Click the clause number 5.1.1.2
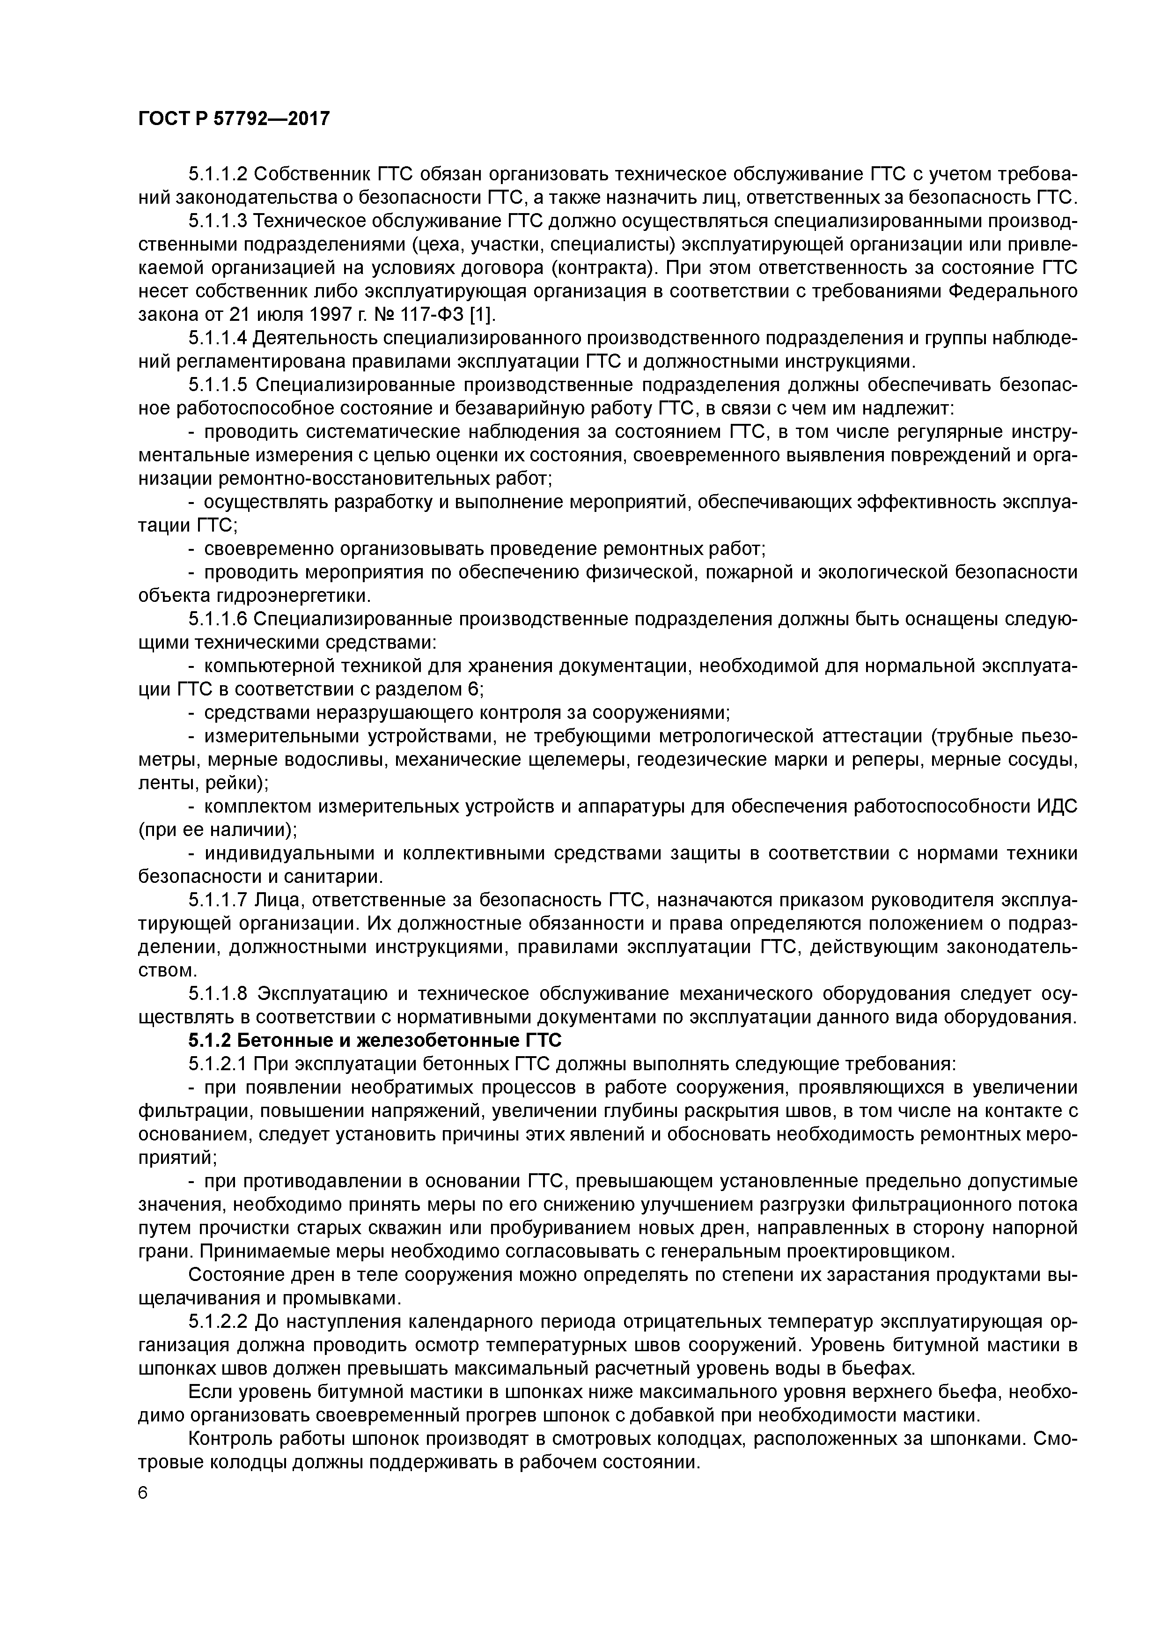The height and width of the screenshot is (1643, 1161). [x=218, y=175]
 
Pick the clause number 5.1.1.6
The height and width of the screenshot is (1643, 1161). [x=218, y=619]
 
